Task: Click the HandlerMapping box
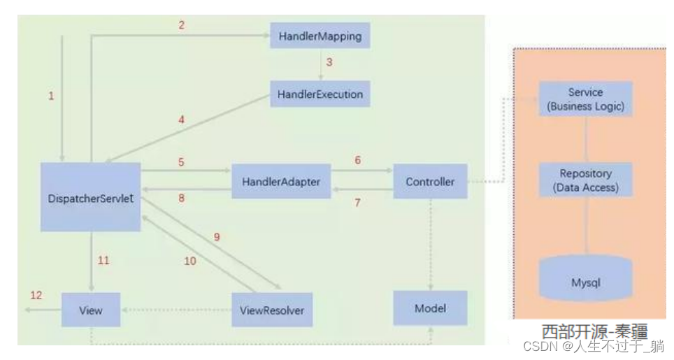pos(320,35)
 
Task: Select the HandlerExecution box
pos(320,94)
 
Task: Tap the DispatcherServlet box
pos(91,197)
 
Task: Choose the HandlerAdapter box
pos(281,182)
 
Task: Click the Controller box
pos(430,182)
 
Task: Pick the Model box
pos(430,308)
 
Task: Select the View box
pos(91,310)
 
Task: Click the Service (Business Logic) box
pos(585,99)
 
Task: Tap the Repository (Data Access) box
pos(585,180)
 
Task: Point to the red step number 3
pos(329,62)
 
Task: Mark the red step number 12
pos(36,295)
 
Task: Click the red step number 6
pos(357,160)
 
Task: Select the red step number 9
pos(217,237)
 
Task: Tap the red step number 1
pos(51,96)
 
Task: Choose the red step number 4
pos(181,120)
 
